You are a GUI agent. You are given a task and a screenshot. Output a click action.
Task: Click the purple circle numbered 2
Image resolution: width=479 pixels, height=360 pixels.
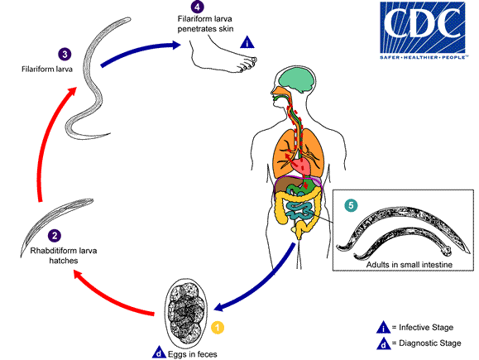click(x=31, y=235)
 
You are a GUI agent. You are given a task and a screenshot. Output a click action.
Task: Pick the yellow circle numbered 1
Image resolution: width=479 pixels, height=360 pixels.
click(x=218, y=326)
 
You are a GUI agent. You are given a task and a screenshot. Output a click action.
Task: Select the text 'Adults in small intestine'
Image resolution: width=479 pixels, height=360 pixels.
click(x=404, y=265)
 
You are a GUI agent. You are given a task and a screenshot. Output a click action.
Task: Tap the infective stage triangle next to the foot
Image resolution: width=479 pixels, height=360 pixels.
click(x=246, y=42)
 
